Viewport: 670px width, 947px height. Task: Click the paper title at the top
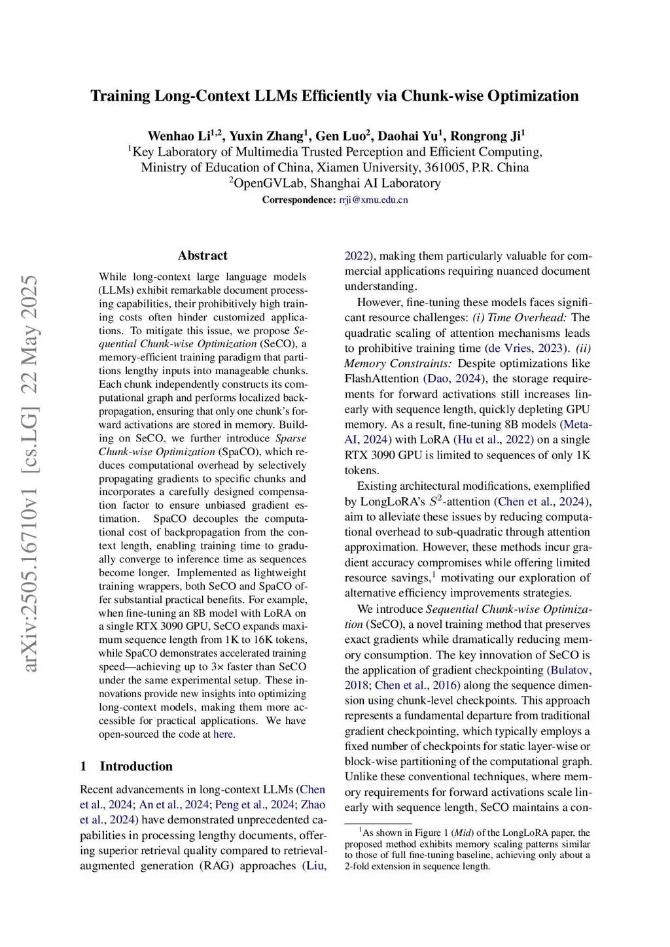pyautogui.click(x=334, y=96)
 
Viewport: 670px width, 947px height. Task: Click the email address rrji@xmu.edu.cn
pyautogui.click(x=373, y=200)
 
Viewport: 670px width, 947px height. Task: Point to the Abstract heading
pyautogui.click(x=203, y=256)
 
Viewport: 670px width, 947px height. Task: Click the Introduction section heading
pyautogui.click(x=136, y=766)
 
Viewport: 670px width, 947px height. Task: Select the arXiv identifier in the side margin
pyautogui.click(x=29, y=473)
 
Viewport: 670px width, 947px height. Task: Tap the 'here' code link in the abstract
pyautogui.click(x=223, y=734)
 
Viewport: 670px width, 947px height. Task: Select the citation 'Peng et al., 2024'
pyautogui.click(x=255, y=805)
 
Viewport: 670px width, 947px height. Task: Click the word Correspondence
pyautogui.click(x=299, y=200)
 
